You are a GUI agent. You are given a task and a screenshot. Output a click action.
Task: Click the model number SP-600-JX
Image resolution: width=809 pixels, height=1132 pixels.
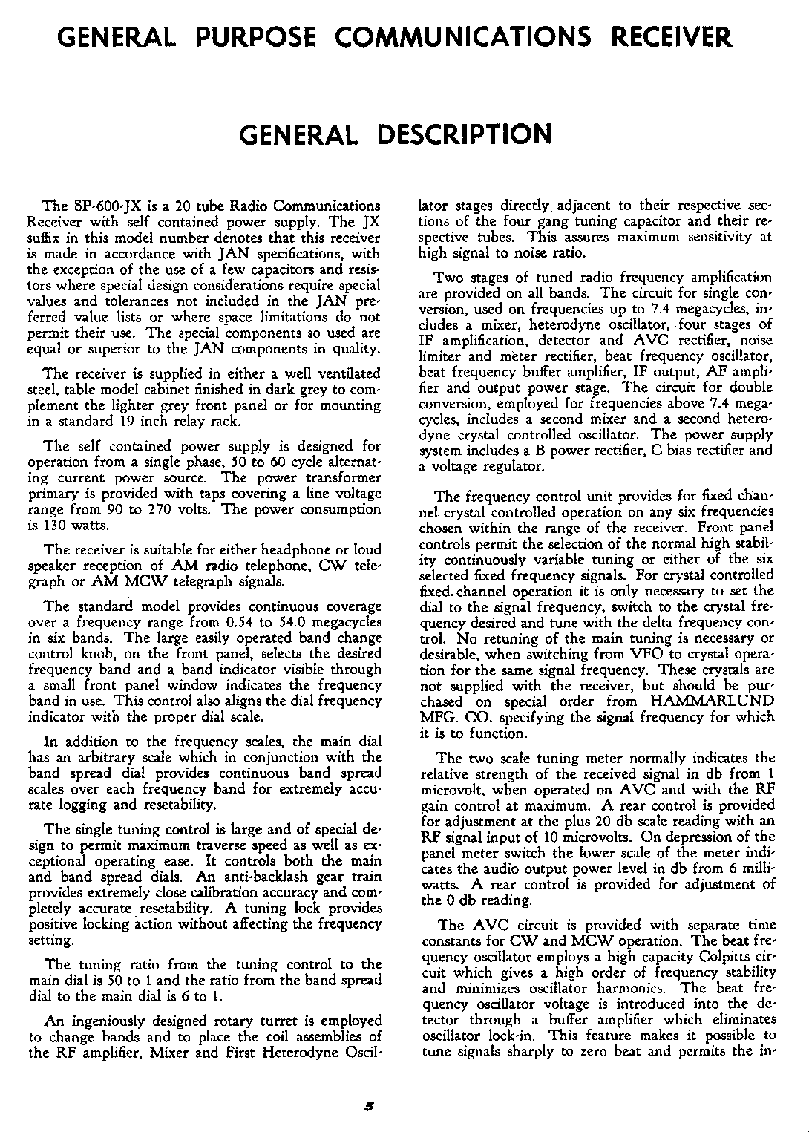pos(102,206)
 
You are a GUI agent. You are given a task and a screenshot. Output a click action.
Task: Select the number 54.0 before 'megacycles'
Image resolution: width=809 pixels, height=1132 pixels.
pos(312,623)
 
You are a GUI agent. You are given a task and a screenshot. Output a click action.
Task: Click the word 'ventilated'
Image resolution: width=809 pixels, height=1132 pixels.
pos(346,373)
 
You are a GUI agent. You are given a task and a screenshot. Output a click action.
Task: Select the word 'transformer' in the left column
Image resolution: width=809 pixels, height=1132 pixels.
pos(343,477)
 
